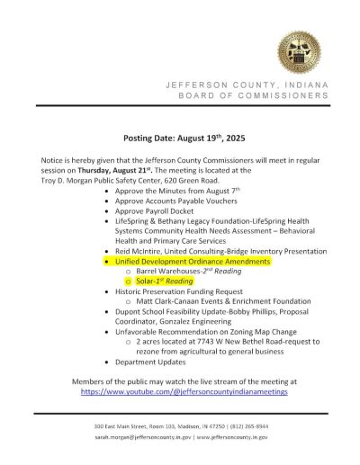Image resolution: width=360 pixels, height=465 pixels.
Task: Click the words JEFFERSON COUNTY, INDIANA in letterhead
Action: [247, 85]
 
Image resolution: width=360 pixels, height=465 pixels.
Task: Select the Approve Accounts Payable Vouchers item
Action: [175, 201]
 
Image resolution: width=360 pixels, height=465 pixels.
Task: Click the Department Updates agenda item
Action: [154, 361]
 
